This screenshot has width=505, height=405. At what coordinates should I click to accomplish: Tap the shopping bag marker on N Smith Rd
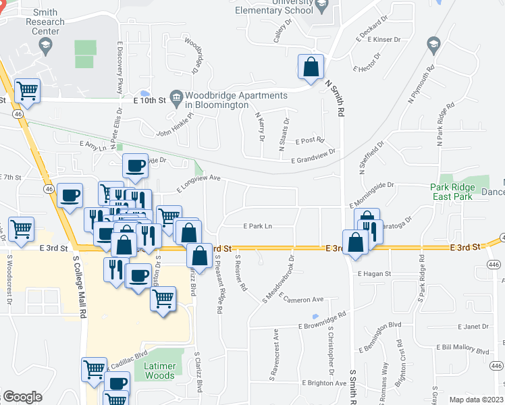point(311,67)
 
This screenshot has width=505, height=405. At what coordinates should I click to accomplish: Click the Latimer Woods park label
point(159,371)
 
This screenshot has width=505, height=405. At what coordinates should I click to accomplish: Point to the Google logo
point(22,397)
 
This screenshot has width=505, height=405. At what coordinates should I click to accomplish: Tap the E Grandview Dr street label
point(313,160)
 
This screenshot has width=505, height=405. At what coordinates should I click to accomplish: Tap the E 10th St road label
point(149,101)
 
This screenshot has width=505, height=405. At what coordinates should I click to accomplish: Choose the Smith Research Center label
point(45,17)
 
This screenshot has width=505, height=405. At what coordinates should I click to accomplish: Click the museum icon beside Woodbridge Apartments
point(176,97)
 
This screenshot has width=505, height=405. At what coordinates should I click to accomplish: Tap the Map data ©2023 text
point(476,400)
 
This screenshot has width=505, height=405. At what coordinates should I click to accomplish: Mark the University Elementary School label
point(274,7)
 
